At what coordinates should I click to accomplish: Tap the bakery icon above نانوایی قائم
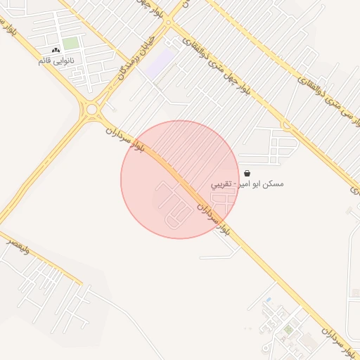(x=56, y=51)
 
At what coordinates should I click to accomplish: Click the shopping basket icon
(x=247, y=173)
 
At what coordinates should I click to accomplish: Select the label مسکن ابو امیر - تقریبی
(x=248, y=184)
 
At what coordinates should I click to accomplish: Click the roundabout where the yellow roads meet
(x=91, y=109)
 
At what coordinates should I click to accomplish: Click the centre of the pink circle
(x=180, y=179)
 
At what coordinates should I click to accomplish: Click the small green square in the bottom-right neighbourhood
(x=288, y=329)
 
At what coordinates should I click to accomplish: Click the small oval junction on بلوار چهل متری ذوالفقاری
(x=286, y=126)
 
